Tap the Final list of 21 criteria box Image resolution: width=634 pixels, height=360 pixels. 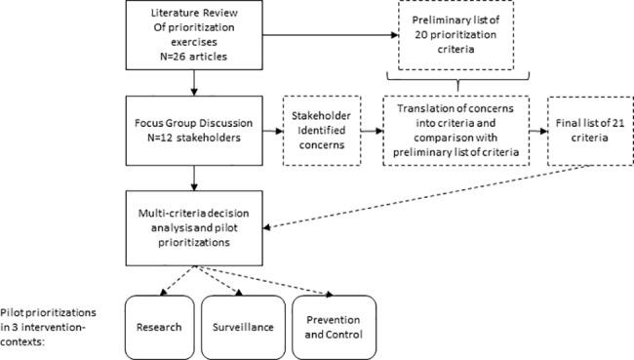coord(580,130)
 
